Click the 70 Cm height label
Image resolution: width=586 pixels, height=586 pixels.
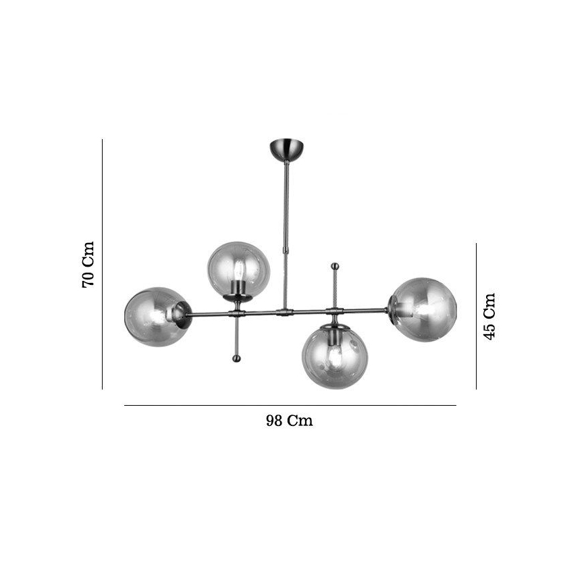pyautogui.click(x=88, y=264)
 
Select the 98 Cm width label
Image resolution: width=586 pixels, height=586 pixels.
pyautogui.click(x=289, y=421)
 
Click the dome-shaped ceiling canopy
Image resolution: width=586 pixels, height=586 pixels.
pyautogui.click(x=287, y=149)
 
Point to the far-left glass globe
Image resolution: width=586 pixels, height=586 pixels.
pyautogui.click(x=154, y=315)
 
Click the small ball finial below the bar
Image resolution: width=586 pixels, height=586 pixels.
pyautogui.click(x=237, y=357)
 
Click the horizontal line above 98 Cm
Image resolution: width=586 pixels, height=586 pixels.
pyautogui.click(x=290, y=405)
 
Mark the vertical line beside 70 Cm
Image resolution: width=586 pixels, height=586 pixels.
pyautogui.click(x=102, y=264)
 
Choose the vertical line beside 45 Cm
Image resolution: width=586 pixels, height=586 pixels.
pyautogui.click(x=476, y=316)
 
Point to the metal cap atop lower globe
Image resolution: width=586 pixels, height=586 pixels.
pyautogui.click(x=334, y=327)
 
